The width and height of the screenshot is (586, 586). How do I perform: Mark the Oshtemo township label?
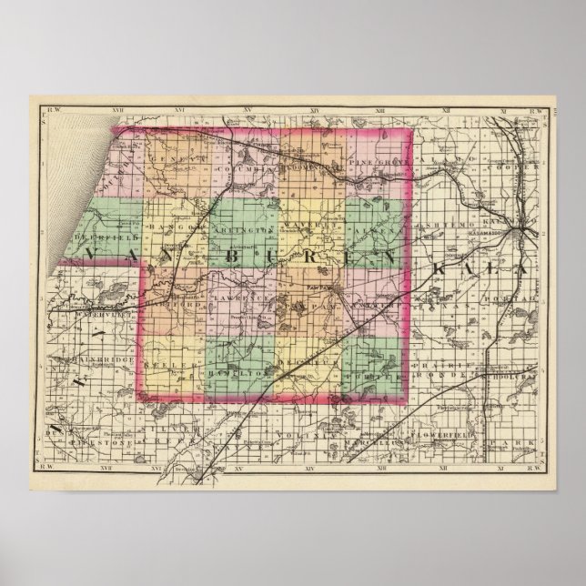(x=438, y=233)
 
